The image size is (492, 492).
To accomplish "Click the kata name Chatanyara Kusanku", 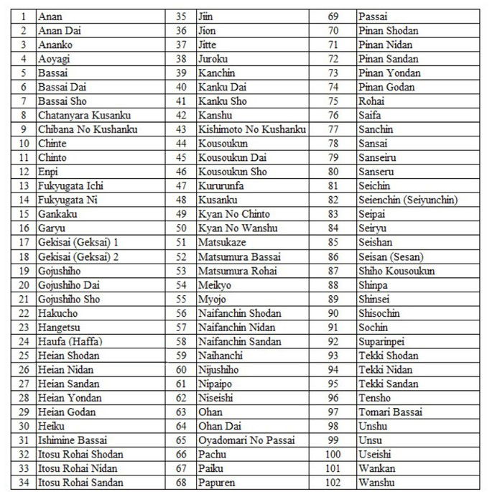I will click(x=78, y=115).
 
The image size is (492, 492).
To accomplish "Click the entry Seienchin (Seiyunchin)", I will click(x=407, y=200).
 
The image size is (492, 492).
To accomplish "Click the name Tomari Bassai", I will click(x=390, y=412).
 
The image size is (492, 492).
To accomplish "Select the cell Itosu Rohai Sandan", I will click(x=80, y=482).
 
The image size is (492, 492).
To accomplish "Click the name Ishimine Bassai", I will click(x=68, y=440).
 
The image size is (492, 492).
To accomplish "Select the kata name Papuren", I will click(x=216, y=482).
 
